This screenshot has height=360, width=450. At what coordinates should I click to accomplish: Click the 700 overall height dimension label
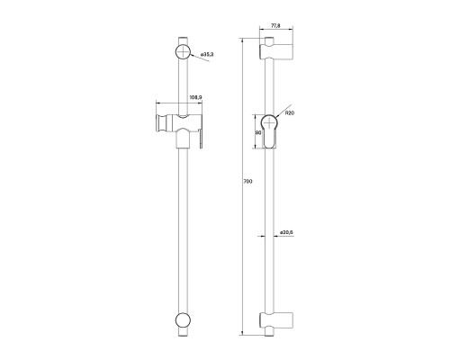(248, 182)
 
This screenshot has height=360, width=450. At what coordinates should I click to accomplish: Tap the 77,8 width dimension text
(275, 26)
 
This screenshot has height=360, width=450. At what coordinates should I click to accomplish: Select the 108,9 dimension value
(196, 97)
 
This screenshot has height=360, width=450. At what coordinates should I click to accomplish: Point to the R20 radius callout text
(290, 113)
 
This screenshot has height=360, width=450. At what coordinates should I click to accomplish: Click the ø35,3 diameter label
(207, 54)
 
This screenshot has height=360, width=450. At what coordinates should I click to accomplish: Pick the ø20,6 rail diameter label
(286, 232)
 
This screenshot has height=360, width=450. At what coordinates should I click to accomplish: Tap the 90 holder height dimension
(257, 132)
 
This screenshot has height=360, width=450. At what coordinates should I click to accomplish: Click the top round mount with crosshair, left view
(183, 52)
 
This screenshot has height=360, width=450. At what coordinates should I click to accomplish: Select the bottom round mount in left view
(183, 320)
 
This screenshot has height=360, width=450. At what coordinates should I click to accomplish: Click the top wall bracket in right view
(276, 52)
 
